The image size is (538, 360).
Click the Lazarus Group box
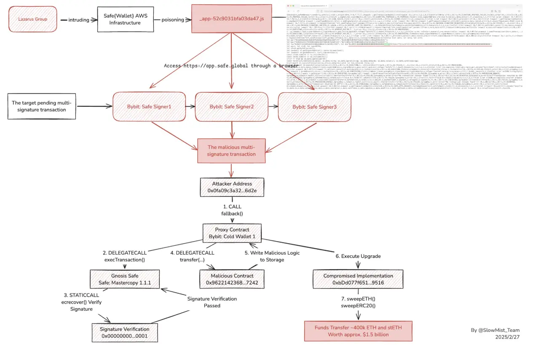(x=32, y=19)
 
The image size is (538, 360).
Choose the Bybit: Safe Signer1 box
(x=149, y=107)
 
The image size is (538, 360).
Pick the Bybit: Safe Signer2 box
(x=231, y=107)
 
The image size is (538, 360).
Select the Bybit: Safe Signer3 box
(x=314, y=107)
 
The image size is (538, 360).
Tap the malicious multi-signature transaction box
(x=231, y=150)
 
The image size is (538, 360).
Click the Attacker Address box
(x=232, y=187)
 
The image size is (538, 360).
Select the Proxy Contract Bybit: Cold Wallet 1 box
(x=232, y=233)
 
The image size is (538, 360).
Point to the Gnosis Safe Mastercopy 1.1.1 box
(x=125, y=279)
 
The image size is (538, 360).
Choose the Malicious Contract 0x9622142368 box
(x=232, y=279)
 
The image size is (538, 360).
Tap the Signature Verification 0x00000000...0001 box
(x=125, y=332)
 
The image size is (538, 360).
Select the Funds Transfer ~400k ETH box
(x=358, y=331)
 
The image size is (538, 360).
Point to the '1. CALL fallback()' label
(x=232, y=210)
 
